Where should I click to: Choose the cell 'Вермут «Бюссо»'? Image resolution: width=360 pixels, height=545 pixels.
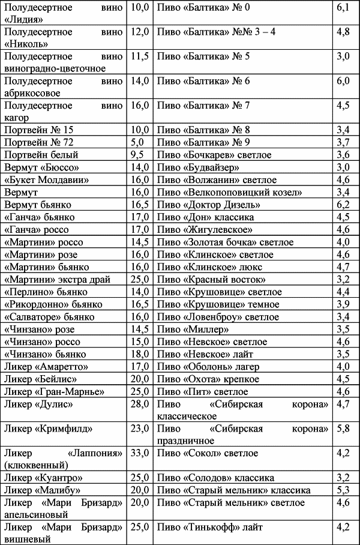tap(41, 167)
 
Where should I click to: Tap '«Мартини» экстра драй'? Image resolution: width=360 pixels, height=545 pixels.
tap(56, 279)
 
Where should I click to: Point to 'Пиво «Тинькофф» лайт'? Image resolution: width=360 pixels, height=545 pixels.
tap(209, 528)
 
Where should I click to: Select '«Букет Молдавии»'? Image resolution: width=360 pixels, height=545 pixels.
tap(47, 180)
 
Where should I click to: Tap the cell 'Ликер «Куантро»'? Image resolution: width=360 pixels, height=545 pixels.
tap(43, 478)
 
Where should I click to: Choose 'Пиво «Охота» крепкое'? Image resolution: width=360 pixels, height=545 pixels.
tap(208, 379)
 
